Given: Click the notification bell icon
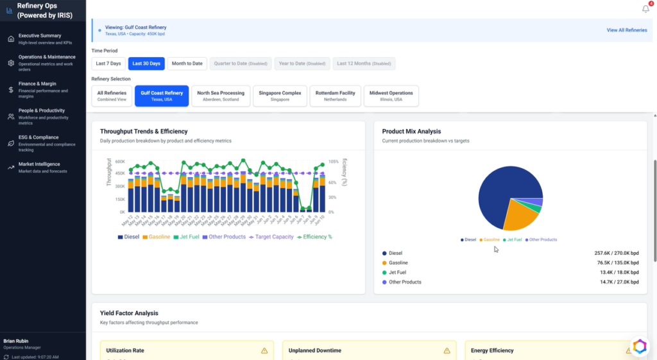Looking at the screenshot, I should point(645,8).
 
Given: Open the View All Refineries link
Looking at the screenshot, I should point(626,30).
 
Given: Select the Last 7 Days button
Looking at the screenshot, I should point(108,64).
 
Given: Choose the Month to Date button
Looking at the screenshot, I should point(187,64).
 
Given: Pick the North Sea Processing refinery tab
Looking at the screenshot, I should point(221,96).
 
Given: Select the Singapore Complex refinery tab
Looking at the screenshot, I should point(279,96).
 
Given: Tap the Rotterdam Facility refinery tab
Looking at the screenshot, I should point(334,96).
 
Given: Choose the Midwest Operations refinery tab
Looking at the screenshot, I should point(391,96).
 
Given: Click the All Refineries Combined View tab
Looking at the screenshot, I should point(112,96).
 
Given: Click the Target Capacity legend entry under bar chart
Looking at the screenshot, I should point(271,237).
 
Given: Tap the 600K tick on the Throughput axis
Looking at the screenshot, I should point(120,162).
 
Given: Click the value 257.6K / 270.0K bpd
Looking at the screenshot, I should point(616,253).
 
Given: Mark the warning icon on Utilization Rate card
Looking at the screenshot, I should point(264,351).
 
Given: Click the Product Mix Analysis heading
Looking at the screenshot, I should point(411,132).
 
